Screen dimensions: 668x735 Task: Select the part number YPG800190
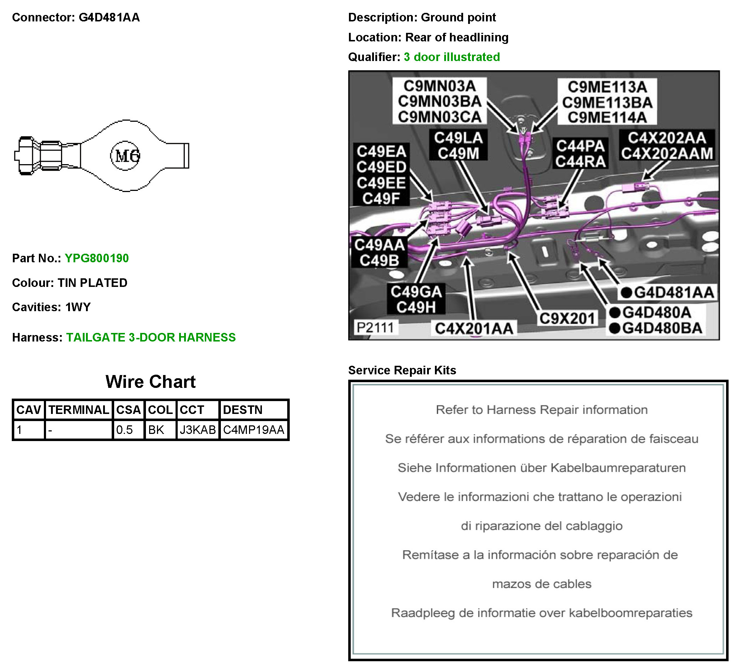tap(97, 258)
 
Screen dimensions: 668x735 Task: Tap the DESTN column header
tap(243, 410)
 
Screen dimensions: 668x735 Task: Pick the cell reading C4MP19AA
tap(254, 430)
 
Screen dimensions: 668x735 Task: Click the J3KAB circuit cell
tap(198, 430)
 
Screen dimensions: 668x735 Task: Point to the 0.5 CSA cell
tap(124, 430)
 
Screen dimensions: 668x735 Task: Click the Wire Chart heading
tap(151, 382)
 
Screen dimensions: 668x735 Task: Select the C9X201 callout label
tap(567, 319)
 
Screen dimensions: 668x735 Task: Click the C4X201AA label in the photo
tap(474, 329)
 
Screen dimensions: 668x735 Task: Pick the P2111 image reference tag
tap(375, 328)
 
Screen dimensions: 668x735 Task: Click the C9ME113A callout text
tap(607, 87)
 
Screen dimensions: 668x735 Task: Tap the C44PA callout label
tap(580, 146)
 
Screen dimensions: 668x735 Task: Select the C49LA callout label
tap(458, 138)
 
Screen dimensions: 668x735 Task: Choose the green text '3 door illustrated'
tap(452, 57)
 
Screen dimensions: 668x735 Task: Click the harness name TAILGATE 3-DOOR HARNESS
tap(151, 338)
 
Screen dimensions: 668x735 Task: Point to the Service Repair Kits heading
tap(402, 370)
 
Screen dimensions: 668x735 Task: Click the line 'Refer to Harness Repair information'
tap(541, 410)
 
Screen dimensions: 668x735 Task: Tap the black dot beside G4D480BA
tap(615, 328)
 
